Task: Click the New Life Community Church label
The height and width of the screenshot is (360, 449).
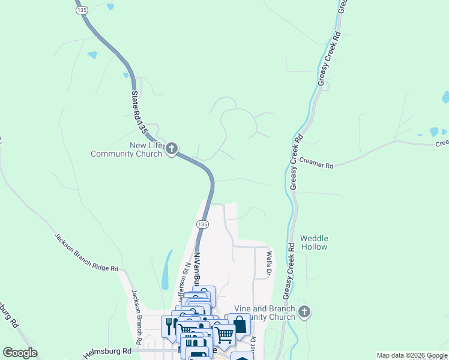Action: click(x=126, y=149)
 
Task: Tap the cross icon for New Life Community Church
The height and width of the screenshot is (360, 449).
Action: click(x=172, y=148)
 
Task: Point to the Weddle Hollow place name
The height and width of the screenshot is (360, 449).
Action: click(x=314, y=242)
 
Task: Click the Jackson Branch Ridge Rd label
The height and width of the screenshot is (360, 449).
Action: click(x=86, y=253)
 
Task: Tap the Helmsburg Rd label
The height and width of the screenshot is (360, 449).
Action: click(x=109, y=351)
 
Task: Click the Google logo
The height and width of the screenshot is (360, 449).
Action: click(x=20, y=353)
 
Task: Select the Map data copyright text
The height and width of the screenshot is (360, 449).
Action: click(x=412, y=355)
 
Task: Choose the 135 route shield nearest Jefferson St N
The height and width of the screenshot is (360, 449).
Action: click(x=202, y=224)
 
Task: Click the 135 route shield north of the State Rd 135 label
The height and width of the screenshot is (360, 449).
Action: click(x=80, y=10)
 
